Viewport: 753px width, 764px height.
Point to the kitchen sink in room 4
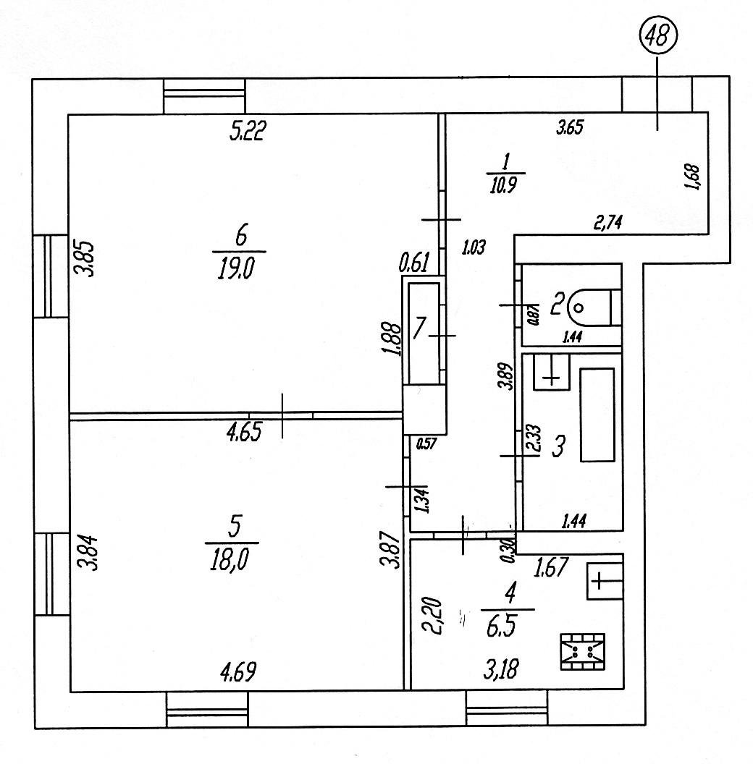tap(604, 580)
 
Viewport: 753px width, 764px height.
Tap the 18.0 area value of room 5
tap(232, 561)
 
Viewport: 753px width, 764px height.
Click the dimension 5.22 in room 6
tap(248, 132)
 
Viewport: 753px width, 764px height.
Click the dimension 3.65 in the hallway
tap(570, 130)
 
